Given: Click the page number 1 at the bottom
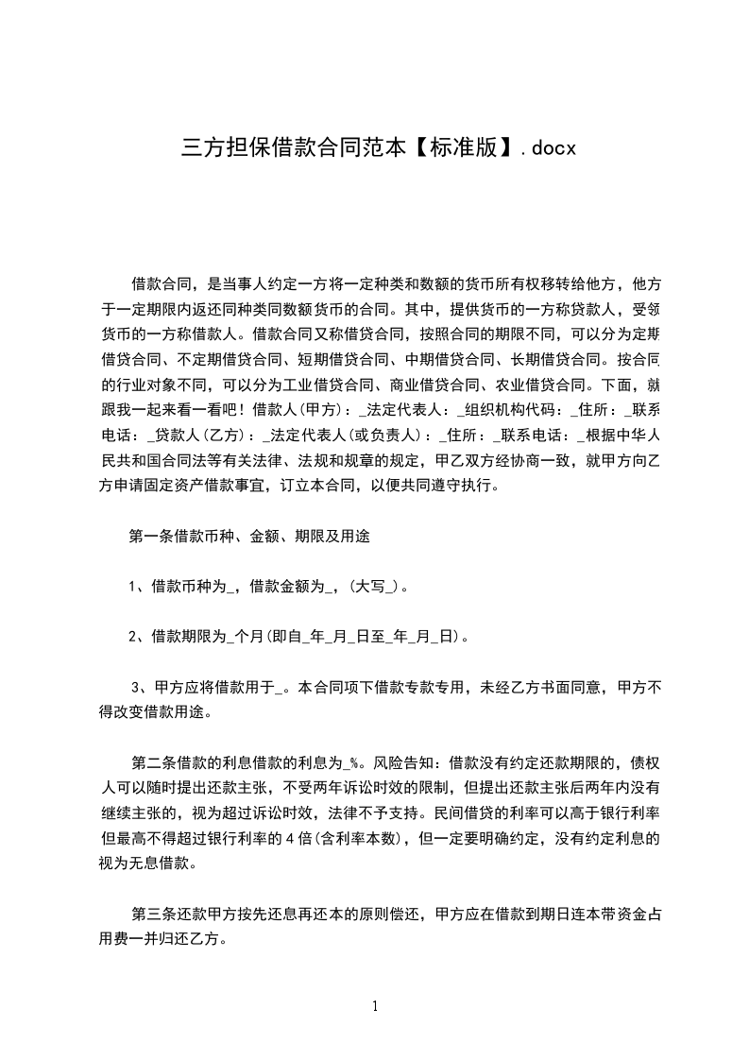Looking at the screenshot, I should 375,1006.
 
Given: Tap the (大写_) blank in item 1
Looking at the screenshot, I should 376,587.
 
